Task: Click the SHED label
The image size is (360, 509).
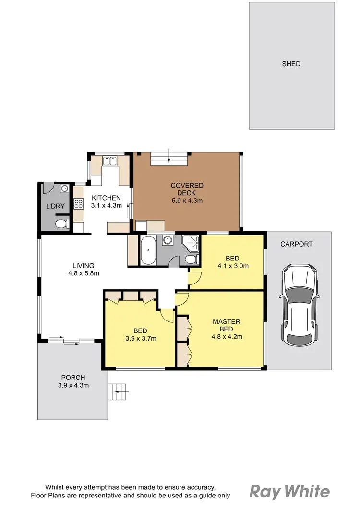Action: coord(291,64)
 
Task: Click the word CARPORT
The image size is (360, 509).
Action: coord(297,244)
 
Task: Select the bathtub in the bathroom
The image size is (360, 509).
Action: coord(148,249)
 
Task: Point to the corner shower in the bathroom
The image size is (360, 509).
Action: coord(191,243)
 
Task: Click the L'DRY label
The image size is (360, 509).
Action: coord(52,206)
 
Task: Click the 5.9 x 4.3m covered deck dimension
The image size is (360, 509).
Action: coord(187,201)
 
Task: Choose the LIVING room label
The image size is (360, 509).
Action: coord(83,265)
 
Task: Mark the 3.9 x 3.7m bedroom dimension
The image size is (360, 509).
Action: coord(140,338)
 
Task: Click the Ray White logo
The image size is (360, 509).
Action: coord(289,491)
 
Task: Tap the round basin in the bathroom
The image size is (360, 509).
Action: coord(168,240)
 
